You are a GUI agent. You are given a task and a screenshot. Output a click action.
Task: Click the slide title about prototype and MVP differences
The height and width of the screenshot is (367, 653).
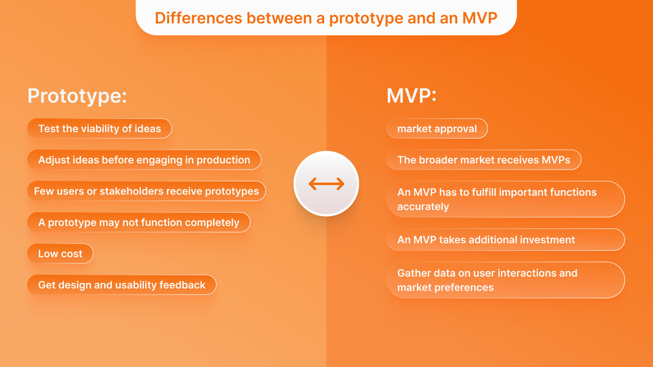click(326, 18)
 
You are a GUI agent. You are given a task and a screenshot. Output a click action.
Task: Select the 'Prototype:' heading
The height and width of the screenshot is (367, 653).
click(77, 96)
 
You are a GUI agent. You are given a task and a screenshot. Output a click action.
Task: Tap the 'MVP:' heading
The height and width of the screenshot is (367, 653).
click(411, 96)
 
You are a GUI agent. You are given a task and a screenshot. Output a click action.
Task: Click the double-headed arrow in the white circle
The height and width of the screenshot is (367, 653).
click(326, 183)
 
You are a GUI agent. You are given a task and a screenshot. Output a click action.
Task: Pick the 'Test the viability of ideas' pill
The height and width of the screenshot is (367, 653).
click(99, 129)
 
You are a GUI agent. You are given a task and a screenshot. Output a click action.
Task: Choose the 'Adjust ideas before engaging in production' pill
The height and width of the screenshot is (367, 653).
click(144, 160)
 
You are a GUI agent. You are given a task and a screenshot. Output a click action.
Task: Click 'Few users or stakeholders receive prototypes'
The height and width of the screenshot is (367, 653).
click(146, 191)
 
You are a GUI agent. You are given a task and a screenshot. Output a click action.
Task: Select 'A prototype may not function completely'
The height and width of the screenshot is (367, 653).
click(138, 222)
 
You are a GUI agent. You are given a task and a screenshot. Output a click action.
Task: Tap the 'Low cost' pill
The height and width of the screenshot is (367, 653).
click(60, 253)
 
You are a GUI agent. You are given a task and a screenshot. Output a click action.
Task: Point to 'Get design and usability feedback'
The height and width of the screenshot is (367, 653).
click(122, 284)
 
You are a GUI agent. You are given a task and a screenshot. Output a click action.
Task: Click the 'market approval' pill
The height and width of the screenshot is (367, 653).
click(437, 129)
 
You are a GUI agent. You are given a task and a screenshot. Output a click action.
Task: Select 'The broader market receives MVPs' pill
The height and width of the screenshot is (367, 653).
click(483, 160)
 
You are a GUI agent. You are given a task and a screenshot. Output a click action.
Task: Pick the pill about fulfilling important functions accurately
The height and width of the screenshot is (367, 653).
click(506, 199)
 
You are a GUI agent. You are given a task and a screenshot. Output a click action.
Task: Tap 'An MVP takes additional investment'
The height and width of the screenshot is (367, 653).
click(506, 240)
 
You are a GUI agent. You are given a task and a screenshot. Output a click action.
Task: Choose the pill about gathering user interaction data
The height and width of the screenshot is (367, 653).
click(506, 280)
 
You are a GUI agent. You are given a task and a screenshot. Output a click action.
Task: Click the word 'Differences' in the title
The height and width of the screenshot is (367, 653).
click(198, 18)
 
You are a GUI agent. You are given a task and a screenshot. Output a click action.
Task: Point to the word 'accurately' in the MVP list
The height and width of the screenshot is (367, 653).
click(423, 207)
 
